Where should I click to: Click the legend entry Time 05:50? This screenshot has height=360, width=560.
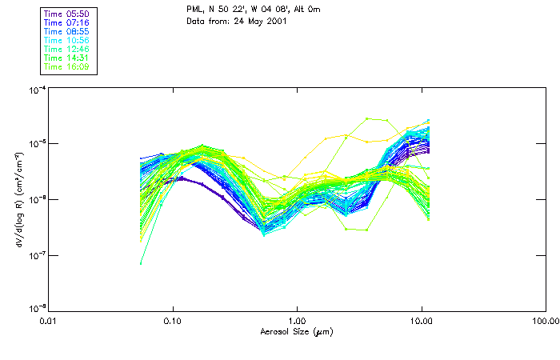click(x=66, y=12)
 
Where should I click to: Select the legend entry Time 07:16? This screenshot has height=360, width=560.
click(x=66, y=22)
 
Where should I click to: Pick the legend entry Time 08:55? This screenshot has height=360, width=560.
click(x=66, y=30)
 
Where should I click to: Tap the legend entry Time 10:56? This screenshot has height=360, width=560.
click(x=66, y=40)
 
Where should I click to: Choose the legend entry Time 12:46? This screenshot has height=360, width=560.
click(x=66, y=49)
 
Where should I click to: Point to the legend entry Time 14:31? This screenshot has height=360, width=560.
click(x=66, y=58)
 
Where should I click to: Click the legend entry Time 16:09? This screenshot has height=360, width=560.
click(x=66, y=67)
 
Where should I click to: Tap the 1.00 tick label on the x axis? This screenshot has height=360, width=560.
click(x=297, y=320)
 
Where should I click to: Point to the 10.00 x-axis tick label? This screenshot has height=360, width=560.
click(x=421, y=320)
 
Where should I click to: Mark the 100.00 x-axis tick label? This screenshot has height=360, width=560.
click(x=545, y=320)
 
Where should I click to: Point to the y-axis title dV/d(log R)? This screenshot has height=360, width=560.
click(x=18, y=198)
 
